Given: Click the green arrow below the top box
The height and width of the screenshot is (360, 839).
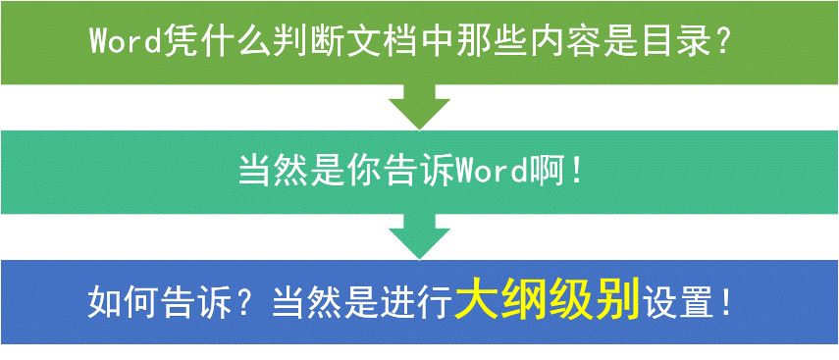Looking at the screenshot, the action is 420,107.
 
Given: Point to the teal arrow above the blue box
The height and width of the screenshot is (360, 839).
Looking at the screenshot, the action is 420,236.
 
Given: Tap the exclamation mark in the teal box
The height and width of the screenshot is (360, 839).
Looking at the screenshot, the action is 576,173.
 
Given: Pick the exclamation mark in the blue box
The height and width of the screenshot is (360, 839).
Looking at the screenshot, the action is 726,303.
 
